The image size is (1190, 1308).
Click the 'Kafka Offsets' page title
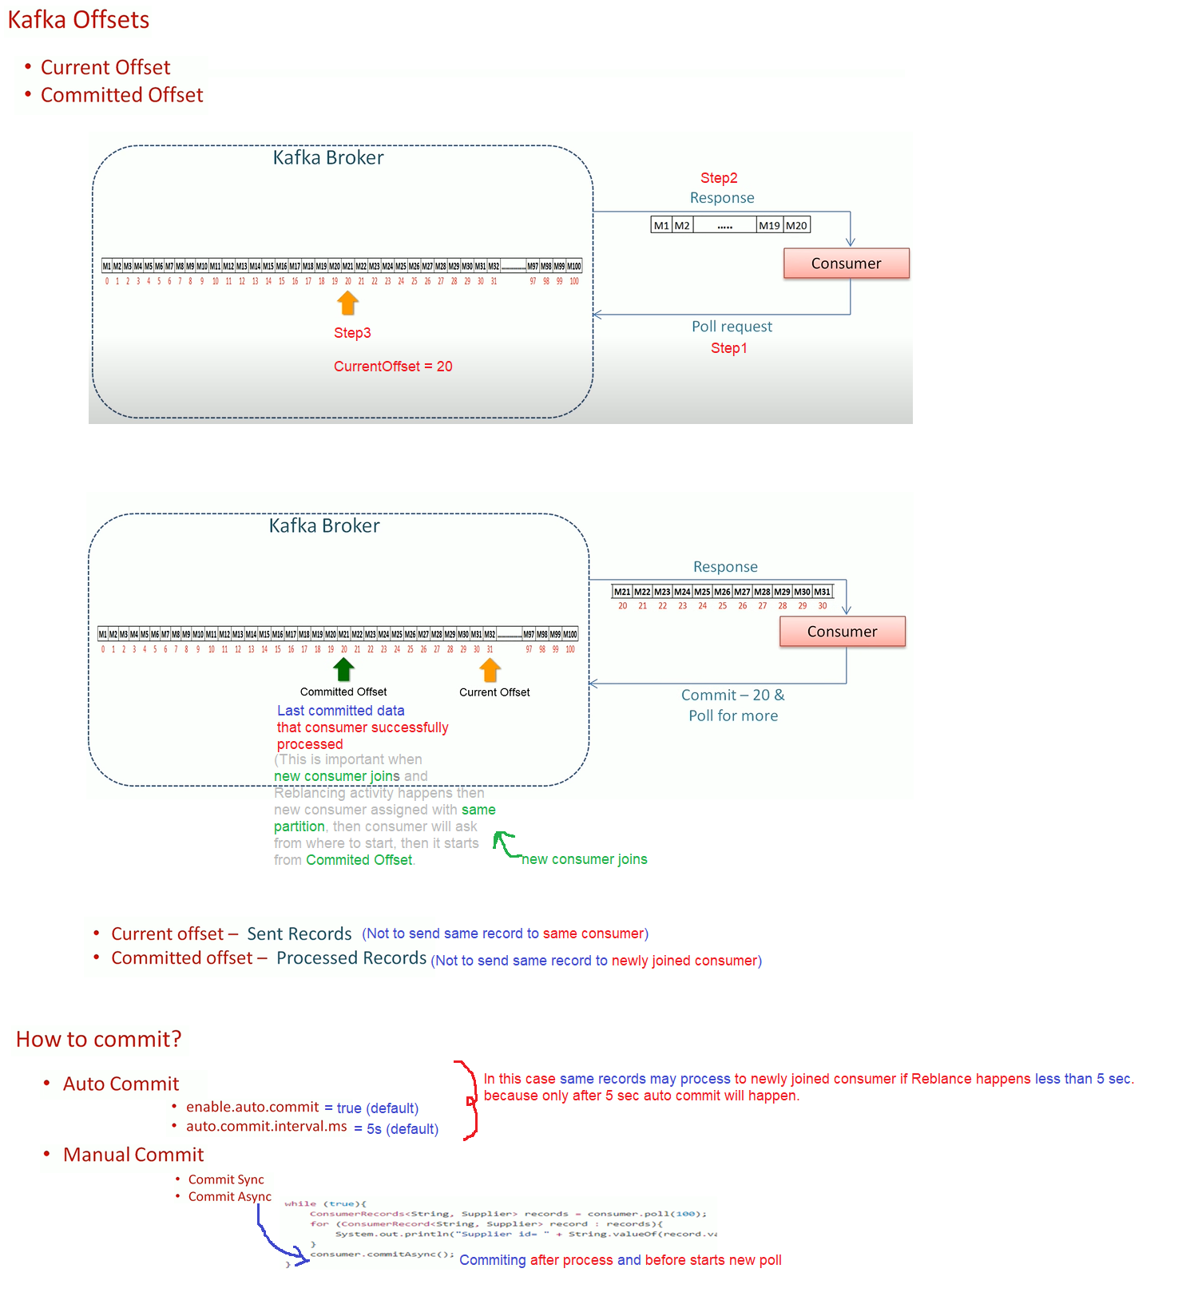point(78,20)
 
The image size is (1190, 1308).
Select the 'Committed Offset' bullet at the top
point(121,95)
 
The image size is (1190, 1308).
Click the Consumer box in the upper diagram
point(846,264)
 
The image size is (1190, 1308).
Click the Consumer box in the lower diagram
point(842,632)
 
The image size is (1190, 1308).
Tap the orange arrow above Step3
point(347,303)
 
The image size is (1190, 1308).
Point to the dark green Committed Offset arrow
point(343,669)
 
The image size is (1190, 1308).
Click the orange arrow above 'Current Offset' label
point(490,670)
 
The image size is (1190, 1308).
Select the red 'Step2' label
point(719,178)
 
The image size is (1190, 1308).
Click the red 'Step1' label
point(728,348)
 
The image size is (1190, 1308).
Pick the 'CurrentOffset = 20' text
point(393,367)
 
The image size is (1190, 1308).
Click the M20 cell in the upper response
point(796,225)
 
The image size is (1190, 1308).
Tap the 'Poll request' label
point(732,327)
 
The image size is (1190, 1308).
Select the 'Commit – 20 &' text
point(732,696)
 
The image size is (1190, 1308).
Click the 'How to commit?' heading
point(99,1039)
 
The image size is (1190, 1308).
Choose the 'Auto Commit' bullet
point(121,1084)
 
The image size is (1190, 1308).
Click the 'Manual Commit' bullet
point(133,1155)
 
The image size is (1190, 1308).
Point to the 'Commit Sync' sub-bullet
point(226,1179)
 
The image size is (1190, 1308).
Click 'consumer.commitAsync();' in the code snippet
point(382,1254)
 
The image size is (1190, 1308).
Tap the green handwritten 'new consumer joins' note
point(584,859)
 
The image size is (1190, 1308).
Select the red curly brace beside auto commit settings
point(470,1100)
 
